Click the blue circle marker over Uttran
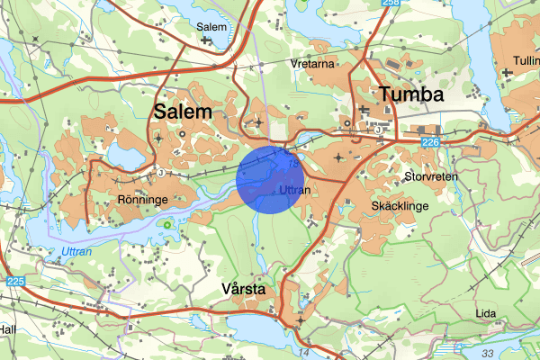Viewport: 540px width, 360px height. pyautogui.click(x=268, y=180)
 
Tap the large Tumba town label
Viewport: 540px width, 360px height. pyautogui.click(x=412, y=95)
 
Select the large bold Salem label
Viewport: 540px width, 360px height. pyautogui.click(x=183, y=112)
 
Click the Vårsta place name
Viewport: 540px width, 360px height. pyautogui.click(x=242, y=289)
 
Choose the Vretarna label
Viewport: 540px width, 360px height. pyautogui.click(x=312, y=65)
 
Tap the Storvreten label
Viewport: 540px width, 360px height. pyautogui.click(x=432, y=177)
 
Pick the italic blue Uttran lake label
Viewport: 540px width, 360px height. pyautogui.click(x=76, y=252)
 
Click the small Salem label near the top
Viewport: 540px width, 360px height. pyautogui.click(x=211, y=27)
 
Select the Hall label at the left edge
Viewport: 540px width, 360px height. pyautogui.click(x=7, y=330)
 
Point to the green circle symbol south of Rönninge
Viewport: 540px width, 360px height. pyautogui.click(x=166, y=223)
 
